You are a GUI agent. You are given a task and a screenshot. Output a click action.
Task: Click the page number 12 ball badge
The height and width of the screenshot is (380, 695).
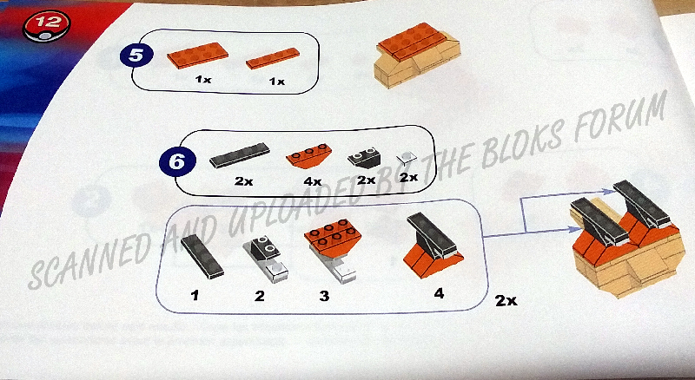(x=46, y=26)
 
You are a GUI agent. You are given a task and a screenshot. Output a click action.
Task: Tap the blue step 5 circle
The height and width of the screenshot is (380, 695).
(x=136, y=56)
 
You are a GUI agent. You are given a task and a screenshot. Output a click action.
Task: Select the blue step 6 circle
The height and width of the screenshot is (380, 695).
(x=176, y=162)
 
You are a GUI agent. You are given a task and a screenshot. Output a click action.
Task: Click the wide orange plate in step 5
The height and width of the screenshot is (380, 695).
(x=198, y=55)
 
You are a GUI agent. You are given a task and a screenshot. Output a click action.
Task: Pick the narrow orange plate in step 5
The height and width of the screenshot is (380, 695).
(x=273, y=58)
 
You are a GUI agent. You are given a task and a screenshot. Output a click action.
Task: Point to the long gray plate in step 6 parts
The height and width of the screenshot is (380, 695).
(x=240, y=155)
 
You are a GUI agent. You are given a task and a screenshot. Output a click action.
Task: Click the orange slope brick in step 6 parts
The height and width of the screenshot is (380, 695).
(x=309, y=156)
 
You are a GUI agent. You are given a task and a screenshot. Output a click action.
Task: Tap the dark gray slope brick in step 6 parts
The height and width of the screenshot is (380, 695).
(x=363, y=158)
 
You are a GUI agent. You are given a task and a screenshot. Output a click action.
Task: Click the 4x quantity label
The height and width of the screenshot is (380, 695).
(x=313, y=181)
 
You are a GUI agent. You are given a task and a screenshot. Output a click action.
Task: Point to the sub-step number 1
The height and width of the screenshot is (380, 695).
(x=195, y=295)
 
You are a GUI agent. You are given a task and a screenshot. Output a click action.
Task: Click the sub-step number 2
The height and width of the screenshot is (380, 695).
(x=259, y=295)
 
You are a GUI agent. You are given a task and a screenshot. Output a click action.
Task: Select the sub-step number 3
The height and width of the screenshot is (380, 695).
(x=324, y=295)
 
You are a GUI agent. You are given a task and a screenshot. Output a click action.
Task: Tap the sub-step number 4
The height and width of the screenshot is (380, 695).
(x=439, y=293)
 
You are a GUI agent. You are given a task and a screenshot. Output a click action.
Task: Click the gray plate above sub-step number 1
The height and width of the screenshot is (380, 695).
(x=202, y=257)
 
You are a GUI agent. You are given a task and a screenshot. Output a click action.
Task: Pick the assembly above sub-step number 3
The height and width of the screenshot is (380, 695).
(x=334, y=249)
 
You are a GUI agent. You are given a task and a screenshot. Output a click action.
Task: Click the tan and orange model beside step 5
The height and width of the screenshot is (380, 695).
(x=418, y=54)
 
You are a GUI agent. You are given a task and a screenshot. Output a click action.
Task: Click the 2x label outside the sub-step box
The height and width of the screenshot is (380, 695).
(x=506, y=301)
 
